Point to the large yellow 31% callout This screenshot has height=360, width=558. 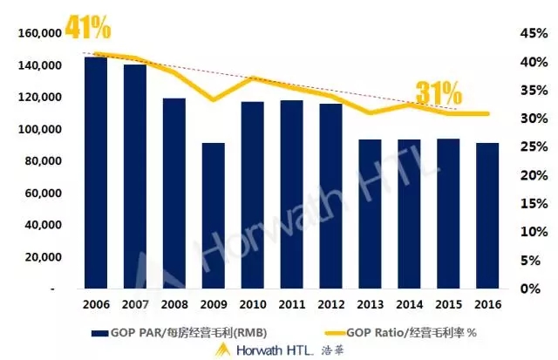(x=437, y=92)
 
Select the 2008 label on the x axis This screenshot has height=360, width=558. (x=174, y=305)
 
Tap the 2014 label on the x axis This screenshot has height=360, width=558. (x=410, y=305)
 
